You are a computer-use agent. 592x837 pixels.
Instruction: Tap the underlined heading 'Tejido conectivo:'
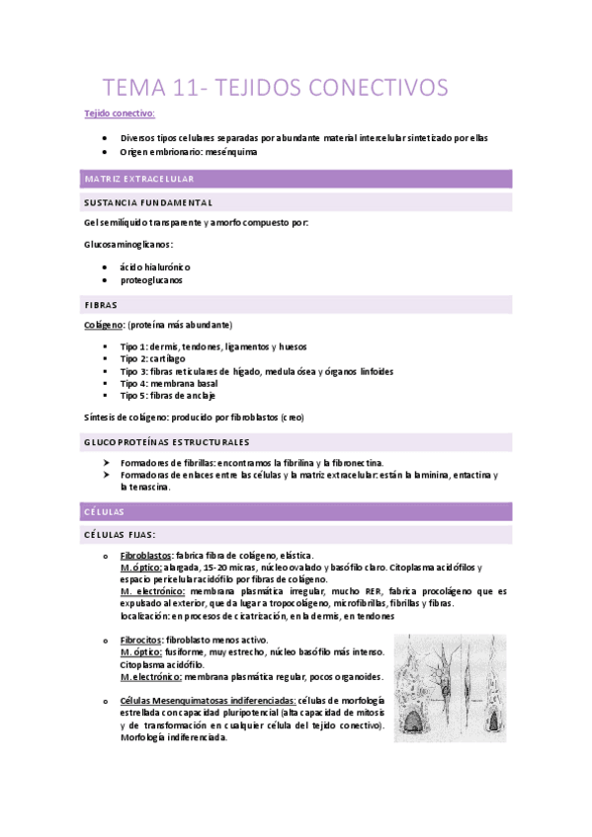[113, 114]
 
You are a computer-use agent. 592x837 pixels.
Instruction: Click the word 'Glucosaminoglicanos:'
[129, 244]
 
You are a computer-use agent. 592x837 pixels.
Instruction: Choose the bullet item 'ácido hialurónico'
[155, 267]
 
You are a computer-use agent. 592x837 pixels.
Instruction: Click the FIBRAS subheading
[102, 305]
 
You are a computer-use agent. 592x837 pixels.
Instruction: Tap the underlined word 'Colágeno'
[104, 324]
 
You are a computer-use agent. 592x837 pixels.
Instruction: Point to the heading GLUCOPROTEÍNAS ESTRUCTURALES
[168, 441]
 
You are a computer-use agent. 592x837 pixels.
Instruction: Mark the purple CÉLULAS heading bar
[104, 511]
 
